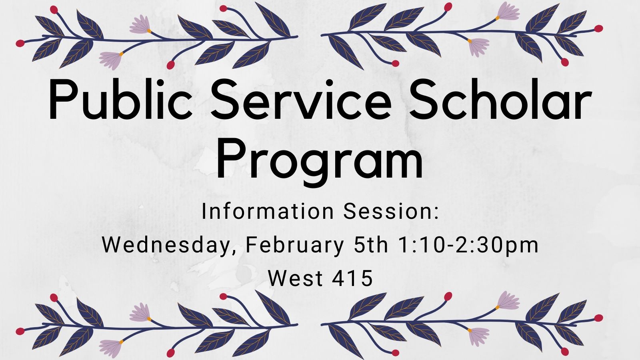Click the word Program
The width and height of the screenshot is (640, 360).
(320, 160)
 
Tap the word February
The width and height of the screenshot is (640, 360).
(294, 246)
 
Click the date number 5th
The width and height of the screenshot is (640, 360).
(371, 245)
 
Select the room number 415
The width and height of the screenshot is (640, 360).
(352, 278)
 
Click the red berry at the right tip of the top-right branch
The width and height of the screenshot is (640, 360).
(598, 28)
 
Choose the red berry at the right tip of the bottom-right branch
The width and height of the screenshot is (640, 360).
(598, 318)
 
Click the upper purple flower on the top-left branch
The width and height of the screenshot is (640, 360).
(140, 24)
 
